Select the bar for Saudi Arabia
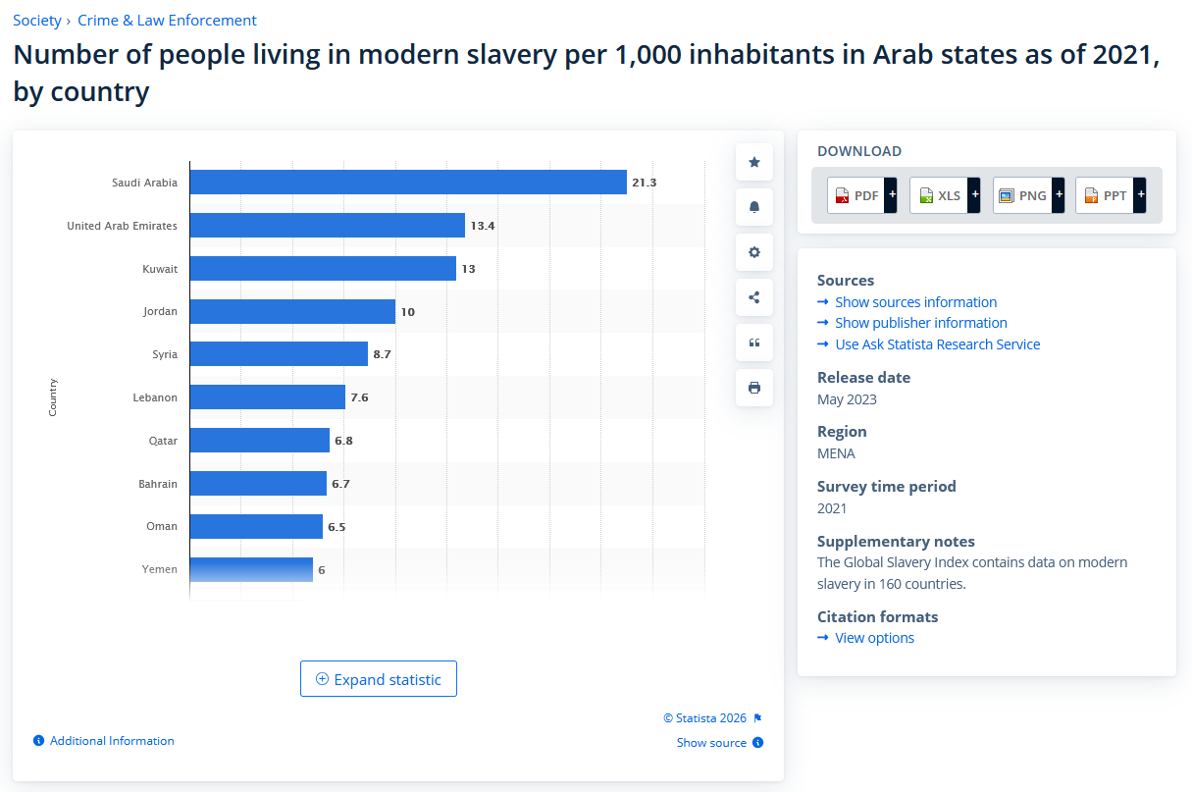pos(407,183)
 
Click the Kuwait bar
pos(323,269)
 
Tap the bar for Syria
pos(279,354)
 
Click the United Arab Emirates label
pos(122,226)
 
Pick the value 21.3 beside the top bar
pos(645,183)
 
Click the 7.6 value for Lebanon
pos(359,397)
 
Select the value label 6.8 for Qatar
pos(343,441)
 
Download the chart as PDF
pos(861,195)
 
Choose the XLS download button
pos(945,195)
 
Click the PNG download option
pos(1027,195)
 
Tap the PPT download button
pos(1111,195)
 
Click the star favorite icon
pos(754,162)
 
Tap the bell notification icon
pos(754,207)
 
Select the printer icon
pos(754,388)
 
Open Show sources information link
pos(915,302)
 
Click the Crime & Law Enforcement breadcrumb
pos(167,20)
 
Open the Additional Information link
pos(112,741)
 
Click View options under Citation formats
pos(874,638)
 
